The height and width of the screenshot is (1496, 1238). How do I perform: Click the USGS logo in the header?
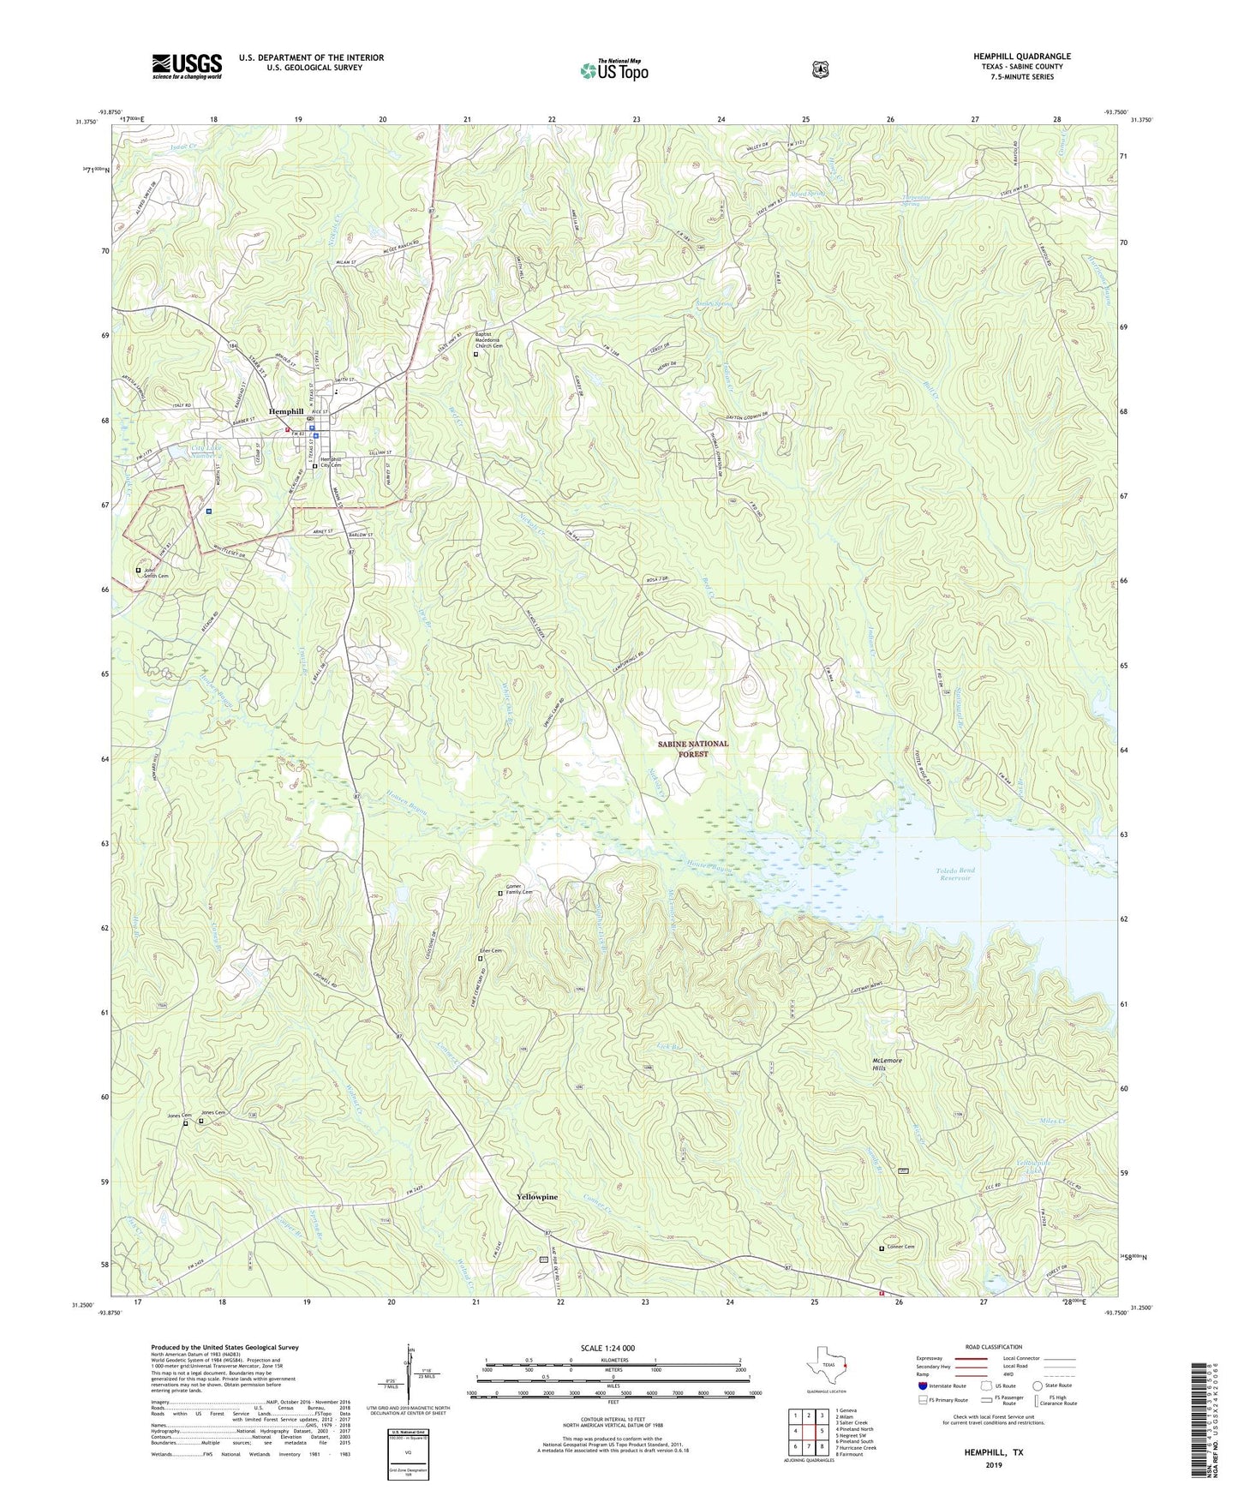click(x=187, y=65)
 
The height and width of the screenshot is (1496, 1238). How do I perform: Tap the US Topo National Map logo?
click(x=613, y=69)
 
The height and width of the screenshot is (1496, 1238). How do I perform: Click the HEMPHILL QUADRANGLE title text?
click(x=1021, y=57)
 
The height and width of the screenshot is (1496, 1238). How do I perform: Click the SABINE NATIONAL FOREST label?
click(x=693, y=748)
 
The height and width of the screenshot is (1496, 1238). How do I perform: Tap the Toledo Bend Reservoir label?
click(x=956, y=874)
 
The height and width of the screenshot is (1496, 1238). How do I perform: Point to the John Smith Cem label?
click(x=156, y=573)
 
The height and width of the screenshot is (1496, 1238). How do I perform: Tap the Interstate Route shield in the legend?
click(x=923, y=1385)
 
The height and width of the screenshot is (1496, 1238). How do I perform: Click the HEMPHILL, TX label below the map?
click(x=993, y=1453)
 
